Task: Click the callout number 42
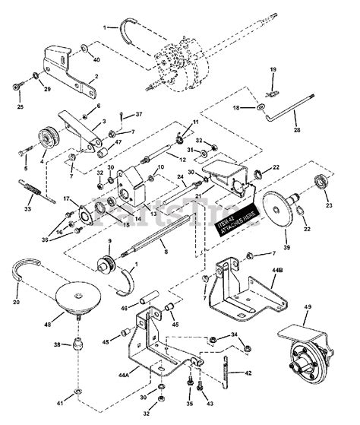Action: (x=248, y=373)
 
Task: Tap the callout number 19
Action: (x=273, y=71)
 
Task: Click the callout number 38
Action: (x=57, y=344)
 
